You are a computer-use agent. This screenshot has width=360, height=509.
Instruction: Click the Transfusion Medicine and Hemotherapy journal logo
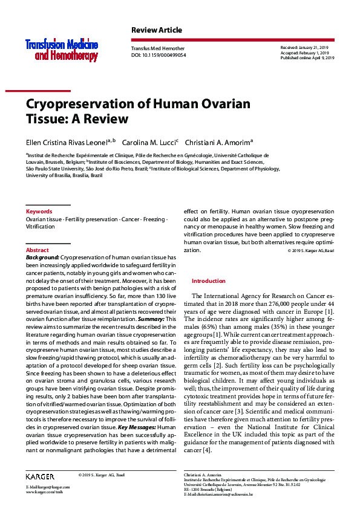tap(61, 50)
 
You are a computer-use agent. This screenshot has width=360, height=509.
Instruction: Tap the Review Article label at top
tap(156, 30)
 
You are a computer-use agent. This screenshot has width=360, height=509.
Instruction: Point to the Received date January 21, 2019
tap(304, 47)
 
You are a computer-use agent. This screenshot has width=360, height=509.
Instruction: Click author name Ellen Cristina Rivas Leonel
tap(66, 142)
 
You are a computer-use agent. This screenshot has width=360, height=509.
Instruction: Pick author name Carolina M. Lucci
tap(148, 142)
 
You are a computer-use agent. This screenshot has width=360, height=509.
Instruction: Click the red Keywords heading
tap(39, 212)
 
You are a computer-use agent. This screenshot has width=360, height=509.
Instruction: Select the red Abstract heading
tap(38, 250)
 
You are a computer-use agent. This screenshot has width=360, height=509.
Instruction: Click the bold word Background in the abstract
tap(42, 258)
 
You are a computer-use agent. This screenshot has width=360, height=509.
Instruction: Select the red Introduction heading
tap(208, 281)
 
